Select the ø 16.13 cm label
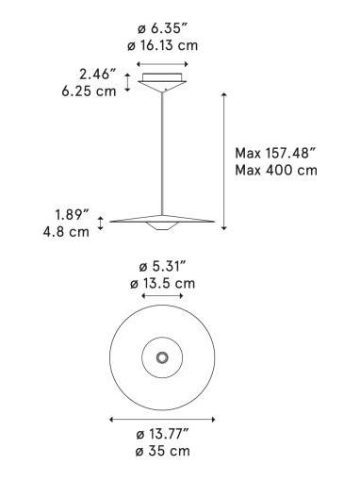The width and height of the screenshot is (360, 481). [163, 45]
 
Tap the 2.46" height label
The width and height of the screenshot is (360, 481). [98, 73]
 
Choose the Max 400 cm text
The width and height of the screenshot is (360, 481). [276, 170]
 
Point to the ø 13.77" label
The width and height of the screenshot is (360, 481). [163, 432]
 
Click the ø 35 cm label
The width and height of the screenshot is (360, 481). [163, 451]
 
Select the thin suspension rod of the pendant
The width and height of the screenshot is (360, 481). [165, 151]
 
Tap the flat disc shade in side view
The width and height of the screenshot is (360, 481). [164, 222]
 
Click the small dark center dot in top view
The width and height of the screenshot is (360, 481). [163, 357]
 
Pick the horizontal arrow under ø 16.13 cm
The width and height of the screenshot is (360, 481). [163, 64]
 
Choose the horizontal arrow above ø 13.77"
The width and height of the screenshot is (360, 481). [163, 419]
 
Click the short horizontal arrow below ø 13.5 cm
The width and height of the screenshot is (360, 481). [163, 297]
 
